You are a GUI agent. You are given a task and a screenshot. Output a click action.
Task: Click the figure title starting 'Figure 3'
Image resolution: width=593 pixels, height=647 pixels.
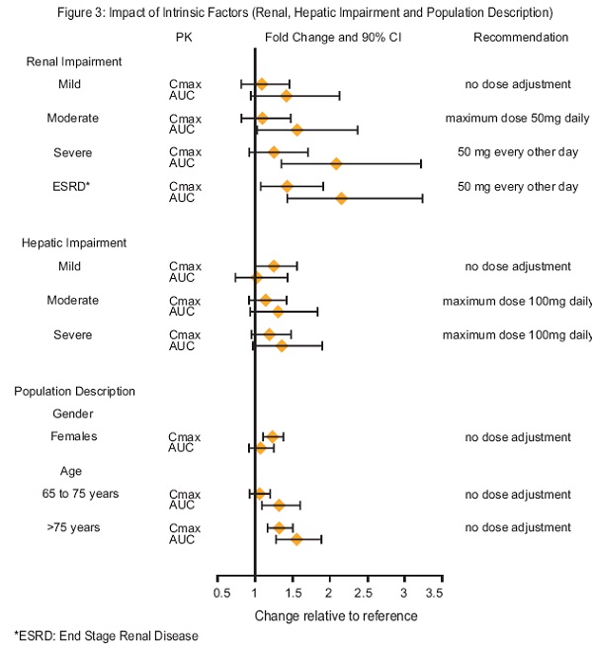tap(296, 12)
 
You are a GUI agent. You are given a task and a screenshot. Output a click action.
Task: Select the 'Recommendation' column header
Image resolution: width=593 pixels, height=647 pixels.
tap(521, 37)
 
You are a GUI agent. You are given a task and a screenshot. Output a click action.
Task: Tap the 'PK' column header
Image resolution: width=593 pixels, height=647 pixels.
tap(184, 37)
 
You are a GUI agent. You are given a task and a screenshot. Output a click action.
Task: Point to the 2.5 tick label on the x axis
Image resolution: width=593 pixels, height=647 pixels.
tap(366, 594)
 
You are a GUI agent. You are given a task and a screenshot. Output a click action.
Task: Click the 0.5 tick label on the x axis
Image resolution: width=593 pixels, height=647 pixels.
tap(221, 594)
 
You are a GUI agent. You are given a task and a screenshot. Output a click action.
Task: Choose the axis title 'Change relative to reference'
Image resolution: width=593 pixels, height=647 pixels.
tap(336, 615)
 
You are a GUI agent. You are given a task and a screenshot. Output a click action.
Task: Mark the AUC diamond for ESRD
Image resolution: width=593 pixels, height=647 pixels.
tap(341, 199)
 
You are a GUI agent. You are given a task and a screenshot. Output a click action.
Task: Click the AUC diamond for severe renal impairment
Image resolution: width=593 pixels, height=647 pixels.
tap(336, 163)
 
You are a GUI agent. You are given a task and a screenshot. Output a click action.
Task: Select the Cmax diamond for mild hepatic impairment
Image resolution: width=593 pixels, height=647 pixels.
tap(274, 265)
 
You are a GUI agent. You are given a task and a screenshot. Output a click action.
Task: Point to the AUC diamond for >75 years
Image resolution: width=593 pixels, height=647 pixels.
tap(296, 539)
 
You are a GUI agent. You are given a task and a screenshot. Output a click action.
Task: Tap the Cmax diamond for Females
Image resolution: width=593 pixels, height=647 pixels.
tap(273, 436)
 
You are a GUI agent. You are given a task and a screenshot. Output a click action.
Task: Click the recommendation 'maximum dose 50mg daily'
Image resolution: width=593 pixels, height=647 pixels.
tap(517, 119)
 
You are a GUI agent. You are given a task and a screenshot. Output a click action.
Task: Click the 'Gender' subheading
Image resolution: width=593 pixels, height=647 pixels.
tap(73, 414)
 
